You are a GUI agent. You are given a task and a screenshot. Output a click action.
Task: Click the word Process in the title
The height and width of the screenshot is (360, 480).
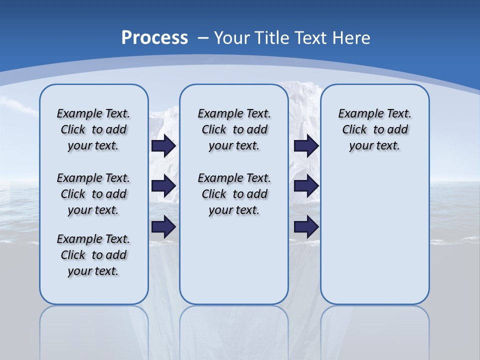[154, 38]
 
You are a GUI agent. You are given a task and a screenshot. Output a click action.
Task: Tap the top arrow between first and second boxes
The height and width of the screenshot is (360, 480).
[163, 145]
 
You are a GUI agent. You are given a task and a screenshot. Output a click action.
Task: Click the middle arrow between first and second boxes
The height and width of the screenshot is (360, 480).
[163, 186]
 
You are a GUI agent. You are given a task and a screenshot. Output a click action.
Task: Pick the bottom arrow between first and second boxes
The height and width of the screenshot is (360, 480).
[163, 227]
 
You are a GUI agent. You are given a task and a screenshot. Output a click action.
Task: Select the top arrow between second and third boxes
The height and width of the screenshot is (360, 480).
[306, 145]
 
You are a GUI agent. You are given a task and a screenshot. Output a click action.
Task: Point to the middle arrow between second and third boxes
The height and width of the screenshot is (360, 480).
[306, 186]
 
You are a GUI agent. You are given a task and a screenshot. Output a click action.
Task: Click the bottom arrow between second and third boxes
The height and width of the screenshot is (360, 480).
[306, 227]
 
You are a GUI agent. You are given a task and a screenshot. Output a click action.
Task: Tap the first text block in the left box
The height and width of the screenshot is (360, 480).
[93, 129]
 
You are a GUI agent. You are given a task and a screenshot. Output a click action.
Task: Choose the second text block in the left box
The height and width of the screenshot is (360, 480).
[93, 194]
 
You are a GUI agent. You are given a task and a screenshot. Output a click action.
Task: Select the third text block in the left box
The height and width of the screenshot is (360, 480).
[93, 255]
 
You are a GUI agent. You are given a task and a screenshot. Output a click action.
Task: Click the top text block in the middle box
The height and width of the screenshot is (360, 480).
[234, 129]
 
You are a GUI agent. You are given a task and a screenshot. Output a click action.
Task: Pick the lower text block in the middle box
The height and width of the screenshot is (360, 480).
[234, 194]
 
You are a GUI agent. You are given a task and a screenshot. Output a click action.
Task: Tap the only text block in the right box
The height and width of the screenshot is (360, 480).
[374, 129]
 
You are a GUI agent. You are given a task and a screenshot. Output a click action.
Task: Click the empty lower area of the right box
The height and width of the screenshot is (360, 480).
[374, 235]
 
